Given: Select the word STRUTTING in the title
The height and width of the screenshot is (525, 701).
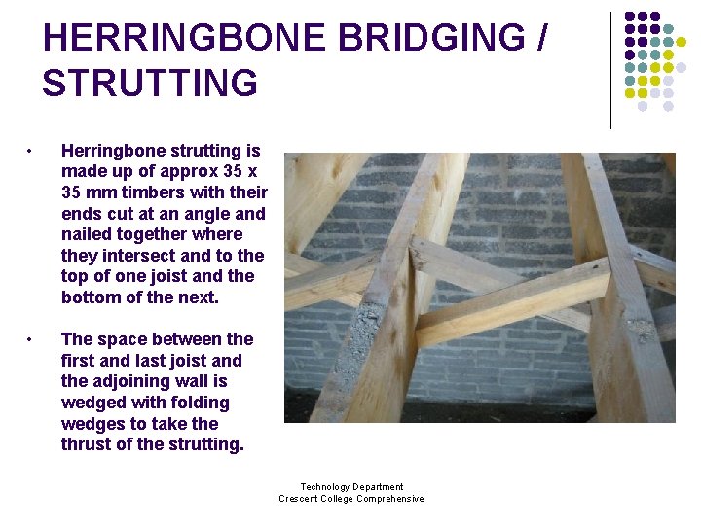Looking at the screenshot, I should [x=150, y=84].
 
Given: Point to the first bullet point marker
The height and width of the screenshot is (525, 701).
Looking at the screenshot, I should [x=31, y=152].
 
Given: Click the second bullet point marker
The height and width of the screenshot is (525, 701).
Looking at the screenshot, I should [x=31, y=340].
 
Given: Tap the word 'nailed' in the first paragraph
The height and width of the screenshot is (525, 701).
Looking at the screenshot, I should [x=89, y=234].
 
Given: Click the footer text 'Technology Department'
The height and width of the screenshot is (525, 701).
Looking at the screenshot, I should [x=351, y=487].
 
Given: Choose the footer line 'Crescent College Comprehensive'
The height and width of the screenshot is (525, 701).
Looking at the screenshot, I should [x=351, y=499].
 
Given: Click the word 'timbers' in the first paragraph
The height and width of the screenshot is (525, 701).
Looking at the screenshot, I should [x=156, y=192].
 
